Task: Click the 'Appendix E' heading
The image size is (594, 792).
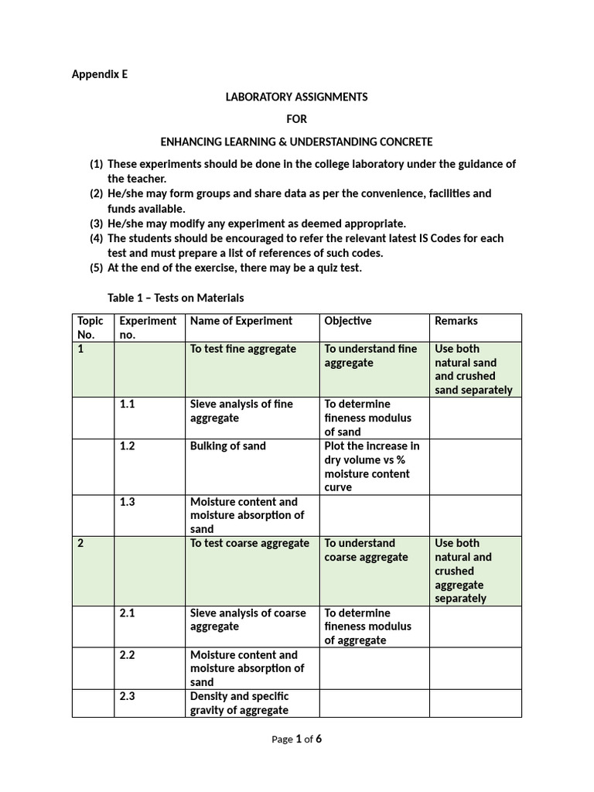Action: (100, 75)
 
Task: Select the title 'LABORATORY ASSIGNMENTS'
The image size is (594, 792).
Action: (296, 97)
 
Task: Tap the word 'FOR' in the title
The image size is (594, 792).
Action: (296, 119)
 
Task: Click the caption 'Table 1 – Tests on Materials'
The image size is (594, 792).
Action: (176, 298)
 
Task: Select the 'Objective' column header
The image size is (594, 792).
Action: (348, 321)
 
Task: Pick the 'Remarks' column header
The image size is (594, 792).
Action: (456, 321)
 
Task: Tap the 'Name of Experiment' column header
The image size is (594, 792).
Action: (241, 321)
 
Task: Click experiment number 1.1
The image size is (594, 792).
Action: (128, 405)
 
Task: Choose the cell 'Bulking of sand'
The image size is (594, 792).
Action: (228, 446)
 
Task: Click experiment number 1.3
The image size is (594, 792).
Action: (128, 502)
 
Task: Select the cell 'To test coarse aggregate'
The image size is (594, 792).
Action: (250, 544)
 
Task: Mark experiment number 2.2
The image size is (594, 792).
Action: (128, 655)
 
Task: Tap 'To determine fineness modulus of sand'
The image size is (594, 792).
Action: (368, 418)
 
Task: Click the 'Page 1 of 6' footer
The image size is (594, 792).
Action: (296, 739)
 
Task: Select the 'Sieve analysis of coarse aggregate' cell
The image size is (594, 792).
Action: (248, 620)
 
